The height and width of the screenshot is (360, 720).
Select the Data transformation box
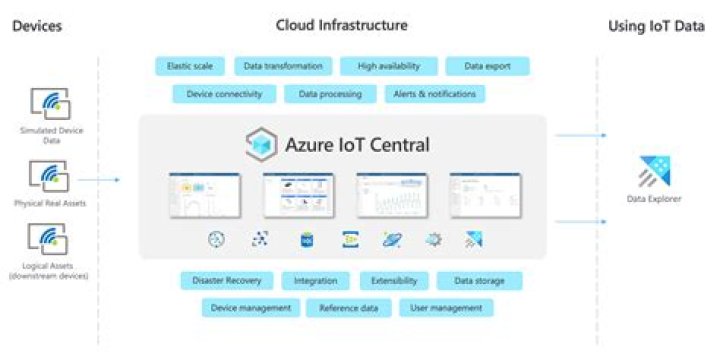283,66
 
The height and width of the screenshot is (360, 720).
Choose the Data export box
487,66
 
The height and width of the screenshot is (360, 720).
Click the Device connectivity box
224,94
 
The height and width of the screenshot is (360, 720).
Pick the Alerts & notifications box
434,94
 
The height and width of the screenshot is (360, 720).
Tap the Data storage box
479,281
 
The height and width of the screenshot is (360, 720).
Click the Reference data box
348,308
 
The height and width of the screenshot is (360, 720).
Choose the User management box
446,308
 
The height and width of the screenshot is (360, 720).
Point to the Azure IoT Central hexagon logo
261,145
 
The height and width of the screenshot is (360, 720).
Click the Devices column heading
37,25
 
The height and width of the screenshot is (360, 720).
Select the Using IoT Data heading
656,25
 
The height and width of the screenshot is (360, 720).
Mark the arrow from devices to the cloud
98,180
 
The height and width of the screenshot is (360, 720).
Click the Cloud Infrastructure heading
342,25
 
